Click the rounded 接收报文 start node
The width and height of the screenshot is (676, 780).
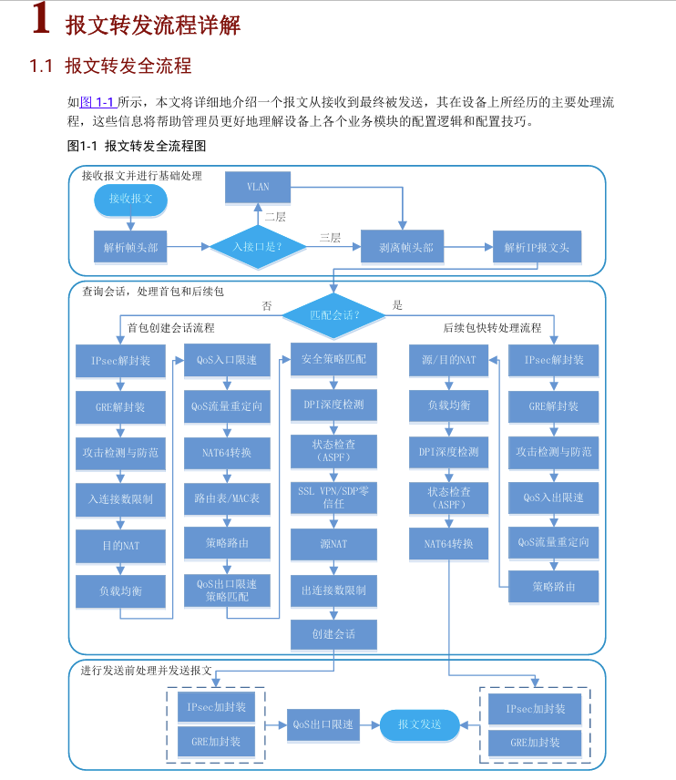130,198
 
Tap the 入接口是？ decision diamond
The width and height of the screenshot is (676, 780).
257,246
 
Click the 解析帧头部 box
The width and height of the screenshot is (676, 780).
130,246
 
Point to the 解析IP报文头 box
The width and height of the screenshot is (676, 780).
537,246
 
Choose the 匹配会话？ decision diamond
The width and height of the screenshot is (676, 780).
334,315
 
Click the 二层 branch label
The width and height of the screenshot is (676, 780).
275,217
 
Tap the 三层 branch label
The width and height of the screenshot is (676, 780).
330,238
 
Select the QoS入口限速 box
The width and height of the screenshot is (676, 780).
227,360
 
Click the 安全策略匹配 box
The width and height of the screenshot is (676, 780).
334,360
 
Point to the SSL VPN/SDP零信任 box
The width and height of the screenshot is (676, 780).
334,498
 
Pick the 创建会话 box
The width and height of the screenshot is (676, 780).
334,634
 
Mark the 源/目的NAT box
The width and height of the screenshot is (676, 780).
449,360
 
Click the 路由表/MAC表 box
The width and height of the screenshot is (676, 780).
227,498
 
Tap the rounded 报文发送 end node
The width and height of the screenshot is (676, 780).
420,724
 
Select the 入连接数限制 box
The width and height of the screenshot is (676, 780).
120,498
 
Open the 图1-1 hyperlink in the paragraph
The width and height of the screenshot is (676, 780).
97,101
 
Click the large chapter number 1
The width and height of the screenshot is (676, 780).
40,20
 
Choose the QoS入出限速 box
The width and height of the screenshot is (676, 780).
554,498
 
